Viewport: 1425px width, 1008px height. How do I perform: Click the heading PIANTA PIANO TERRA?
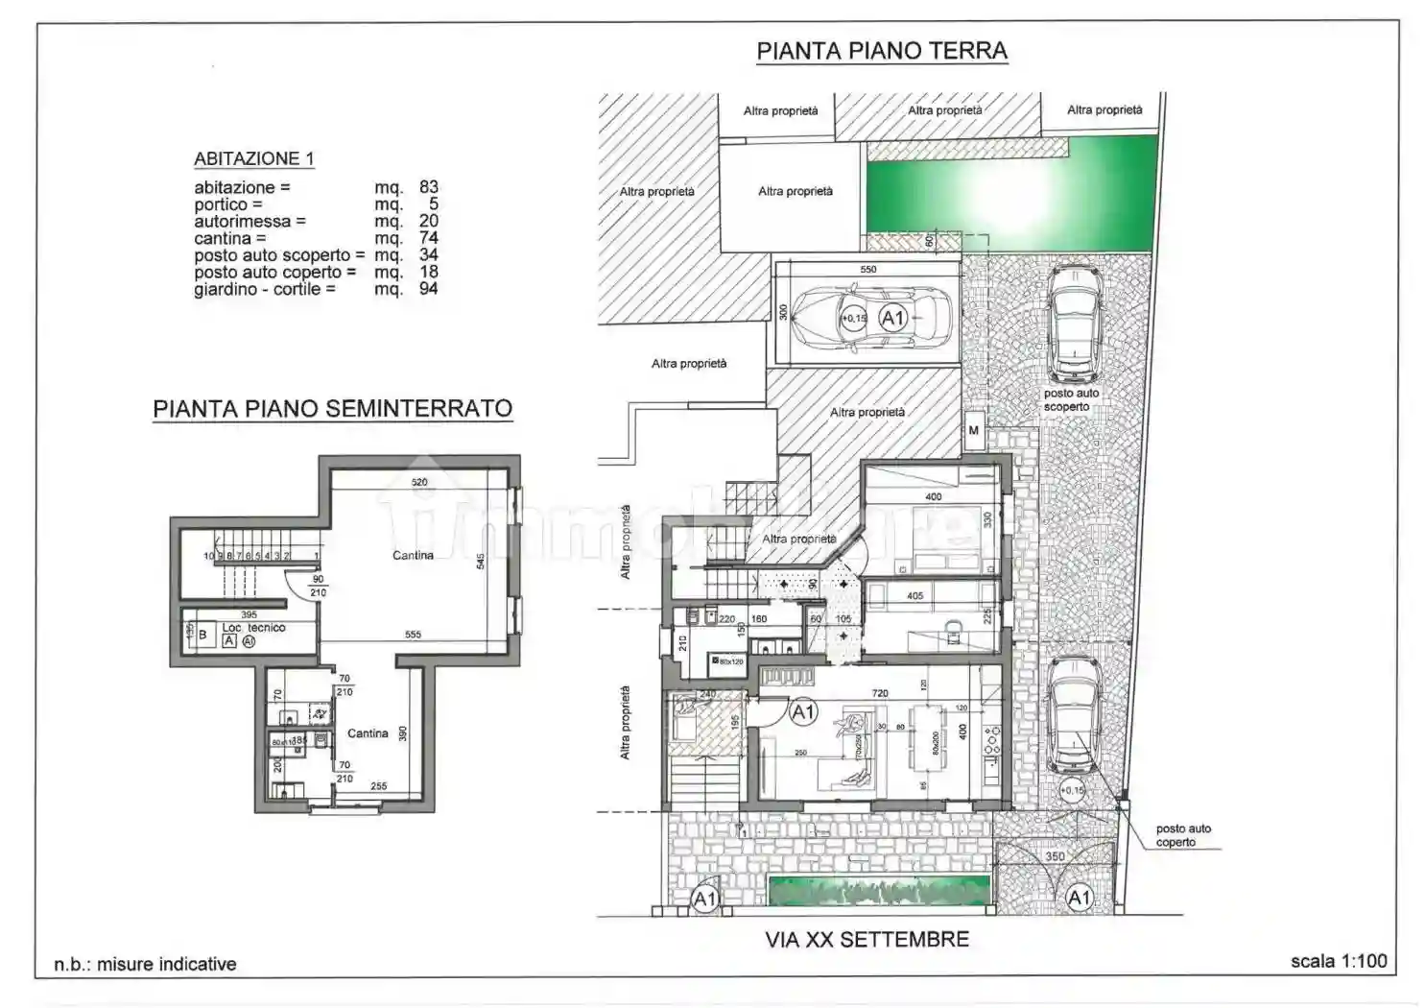coord(881,51)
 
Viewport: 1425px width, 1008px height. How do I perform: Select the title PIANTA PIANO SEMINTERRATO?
coord(332,408)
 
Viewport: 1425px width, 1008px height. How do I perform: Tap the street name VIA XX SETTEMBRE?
coord(867,939)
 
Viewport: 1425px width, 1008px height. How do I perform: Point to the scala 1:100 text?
coord(1338,960)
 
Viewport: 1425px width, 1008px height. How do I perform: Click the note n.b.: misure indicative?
coord(145,964)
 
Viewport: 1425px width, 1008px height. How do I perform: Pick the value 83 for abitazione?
coord(428,187)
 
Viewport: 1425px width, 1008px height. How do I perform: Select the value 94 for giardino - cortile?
coord(428,288)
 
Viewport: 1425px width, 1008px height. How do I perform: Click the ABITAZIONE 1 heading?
coord(253,158)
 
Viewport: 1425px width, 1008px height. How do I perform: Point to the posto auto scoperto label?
coord(1071,399)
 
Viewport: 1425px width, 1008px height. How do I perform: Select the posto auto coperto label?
coord(1182,835)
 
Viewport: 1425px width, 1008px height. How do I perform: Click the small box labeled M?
coord(973,430)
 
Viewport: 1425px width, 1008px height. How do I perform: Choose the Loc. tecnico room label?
coord(253,628)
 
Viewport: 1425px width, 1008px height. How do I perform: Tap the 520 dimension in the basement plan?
coord(419,482)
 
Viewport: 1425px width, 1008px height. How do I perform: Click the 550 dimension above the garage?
coord(867,270)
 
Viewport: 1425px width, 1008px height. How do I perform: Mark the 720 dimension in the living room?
coord(879,693)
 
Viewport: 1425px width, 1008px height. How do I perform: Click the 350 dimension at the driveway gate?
coord(1055,856)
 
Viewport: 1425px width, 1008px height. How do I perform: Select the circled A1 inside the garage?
coord(892,318)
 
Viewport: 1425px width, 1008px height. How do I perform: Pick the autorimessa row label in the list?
coord(249,221)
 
